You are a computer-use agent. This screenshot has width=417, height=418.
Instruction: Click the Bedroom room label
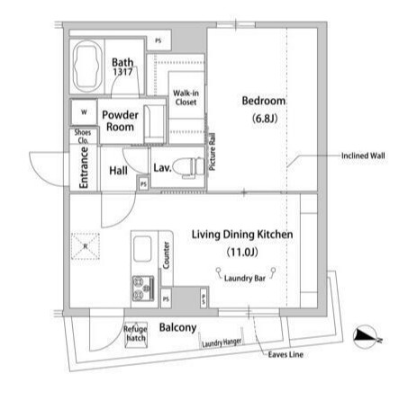[263, 101]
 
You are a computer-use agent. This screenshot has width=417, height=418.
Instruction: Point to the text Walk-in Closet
[186, 96]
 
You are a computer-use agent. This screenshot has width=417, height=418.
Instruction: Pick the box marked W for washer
[85, 112]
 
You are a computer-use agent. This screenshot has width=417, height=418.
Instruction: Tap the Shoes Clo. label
[82, 138]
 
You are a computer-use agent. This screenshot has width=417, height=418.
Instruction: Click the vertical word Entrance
[83, 170]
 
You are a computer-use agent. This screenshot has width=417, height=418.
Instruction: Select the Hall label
[118, 171]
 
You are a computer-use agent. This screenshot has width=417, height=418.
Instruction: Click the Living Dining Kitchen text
[242, 234]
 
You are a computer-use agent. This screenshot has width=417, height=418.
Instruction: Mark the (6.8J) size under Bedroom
[263, 119]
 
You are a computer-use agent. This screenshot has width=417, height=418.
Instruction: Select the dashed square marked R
[86, 246]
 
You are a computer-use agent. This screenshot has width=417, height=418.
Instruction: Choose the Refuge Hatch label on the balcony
[135, 334]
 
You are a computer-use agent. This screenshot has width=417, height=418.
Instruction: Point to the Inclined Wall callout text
[363, 156]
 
